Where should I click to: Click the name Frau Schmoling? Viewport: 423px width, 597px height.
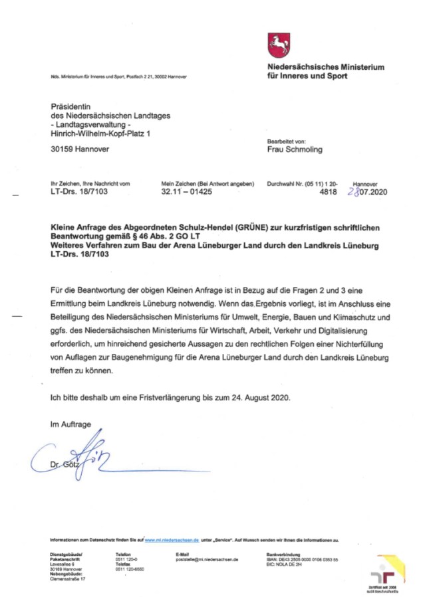293,149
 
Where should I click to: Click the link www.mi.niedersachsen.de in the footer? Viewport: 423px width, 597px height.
172,541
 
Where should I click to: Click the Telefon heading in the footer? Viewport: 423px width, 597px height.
123,554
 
